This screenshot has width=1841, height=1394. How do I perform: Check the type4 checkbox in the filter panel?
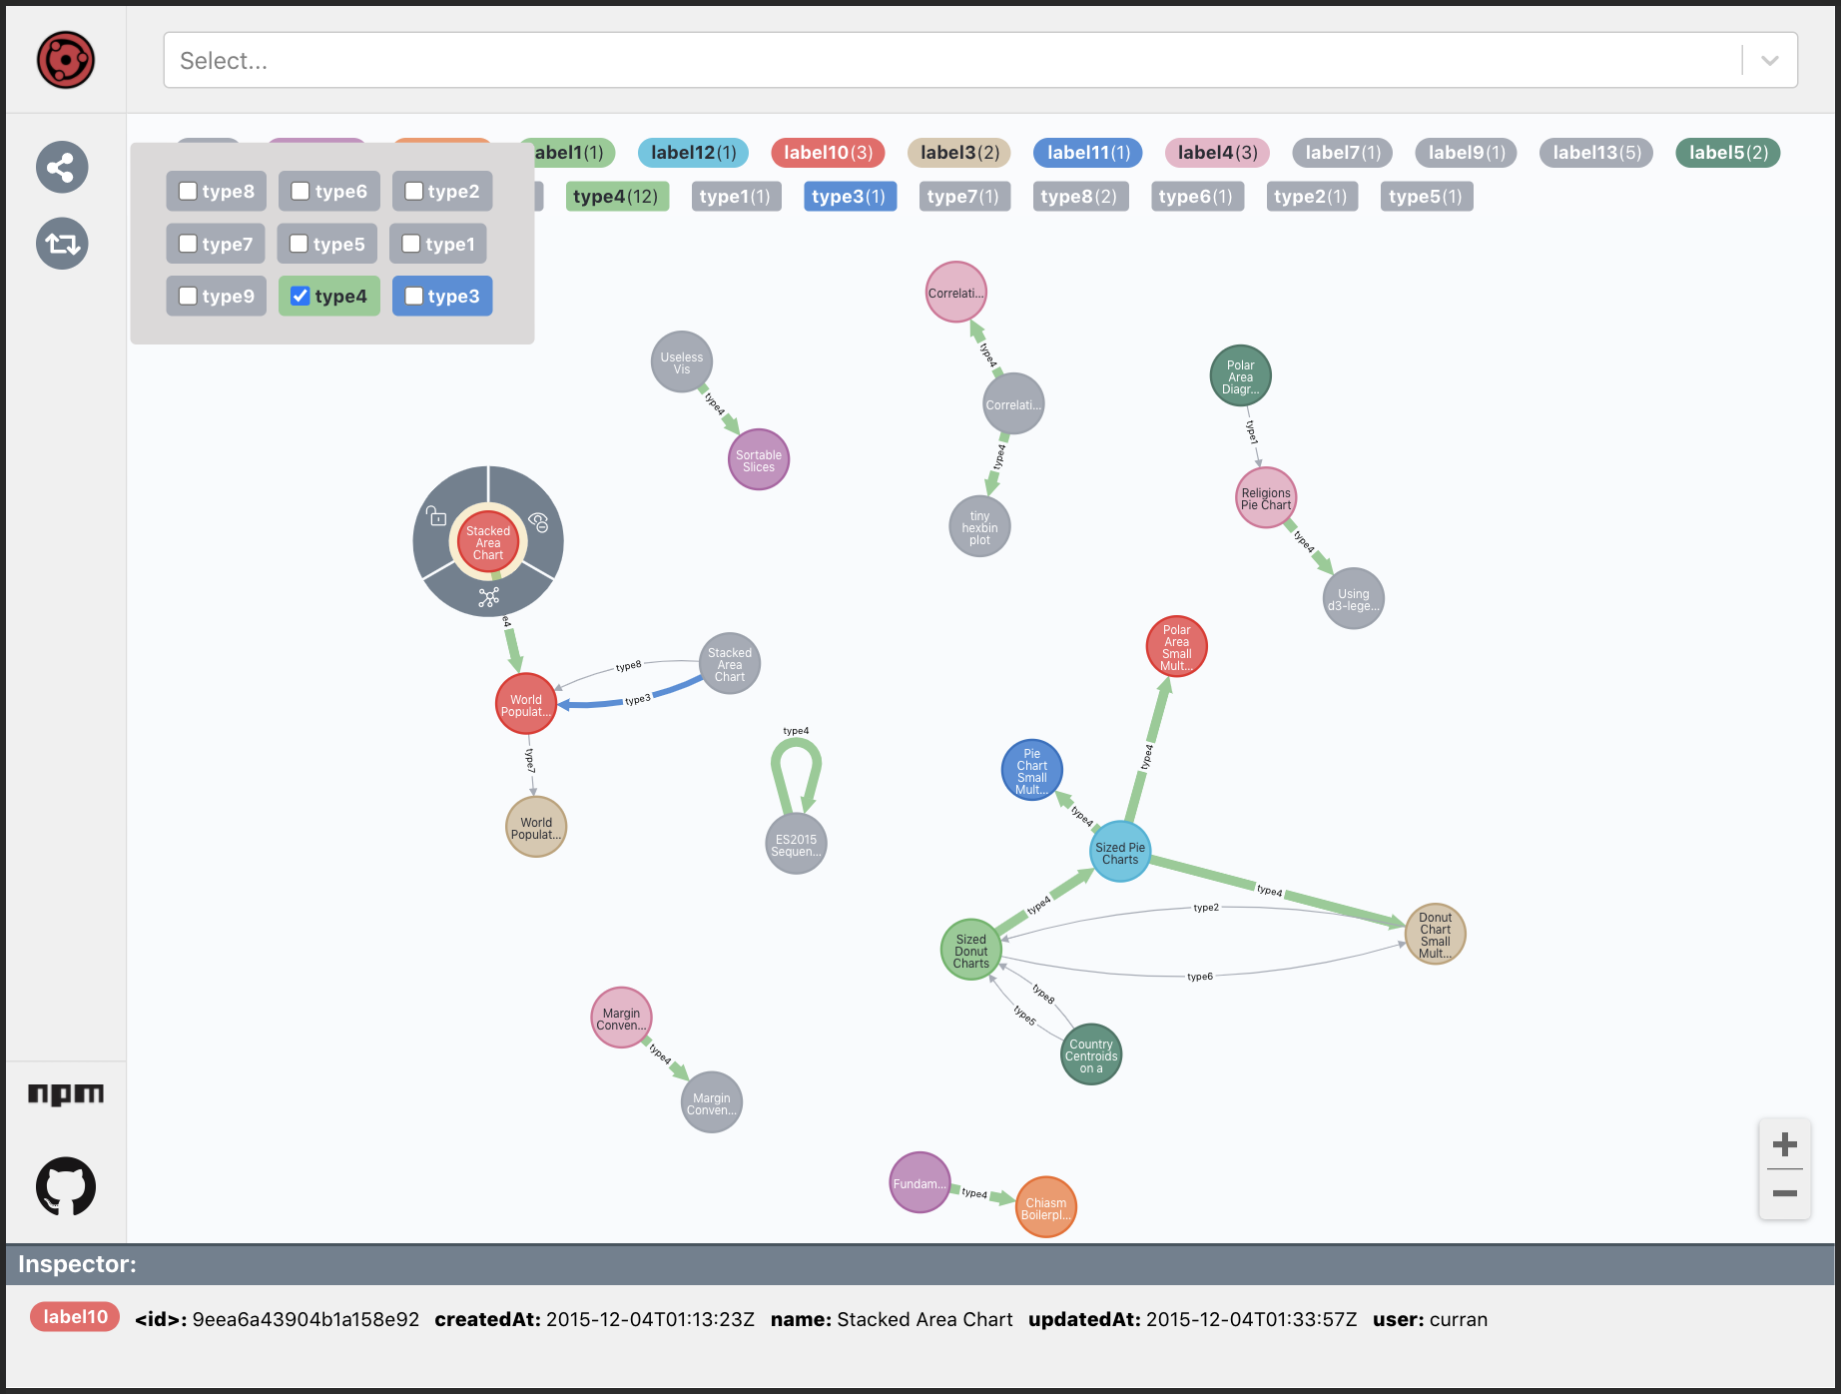pyautogui.click(x=301, y=296)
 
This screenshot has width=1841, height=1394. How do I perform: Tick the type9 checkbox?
pyautogui.click(x=188, y=296)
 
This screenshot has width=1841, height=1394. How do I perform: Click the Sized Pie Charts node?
pyautogui.click(x=1120, y=853)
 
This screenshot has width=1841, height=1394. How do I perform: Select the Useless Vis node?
pyautogui.click(x=682, y=362)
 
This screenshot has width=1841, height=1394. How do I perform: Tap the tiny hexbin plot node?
pyautogui.click(x=979, y=527)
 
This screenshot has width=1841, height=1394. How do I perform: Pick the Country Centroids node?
pyautogui.click(x=1091, y=1055)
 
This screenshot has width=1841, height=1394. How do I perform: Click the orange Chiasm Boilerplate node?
pyautogui.click(x=1045, y=1208)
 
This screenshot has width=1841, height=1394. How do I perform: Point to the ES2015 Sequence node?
pyautogui.click(x=796, y=845)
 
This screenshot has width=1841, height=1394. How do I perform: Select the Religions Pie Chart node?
pyautogui.click(x=1266, y=498)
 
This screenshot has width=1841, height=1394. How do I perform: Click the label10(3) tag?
pyautogui.click(x=828, y=153)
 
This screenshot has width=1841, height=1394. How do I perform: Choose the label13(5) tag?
pyautogui.click(x=1596, y=153)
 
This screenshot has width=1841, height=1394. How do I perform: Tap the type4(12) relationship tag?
pyautogui.click(x=616, y=197)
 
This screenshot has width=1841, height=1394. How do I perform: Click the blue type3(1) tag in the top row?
pyautogui.click(x=849, y=197)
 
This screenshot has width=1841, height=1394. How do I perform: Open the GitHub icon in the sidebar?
pyautogui.click(x=66, y=1186)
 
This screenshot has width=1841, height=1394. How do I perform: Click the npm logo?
pyautogui.click(x=66, y=1094)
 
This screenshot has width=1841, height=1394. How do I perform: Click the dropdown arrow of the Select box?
pyautogui.click(x=1770, y=61)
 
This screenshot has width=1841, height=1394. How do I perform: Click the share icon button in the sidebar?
pyautogui.click(x=62, y=167)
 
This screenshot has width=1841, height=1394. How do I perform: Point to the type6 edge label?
pyautogui.click(x=1200, y=977)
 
